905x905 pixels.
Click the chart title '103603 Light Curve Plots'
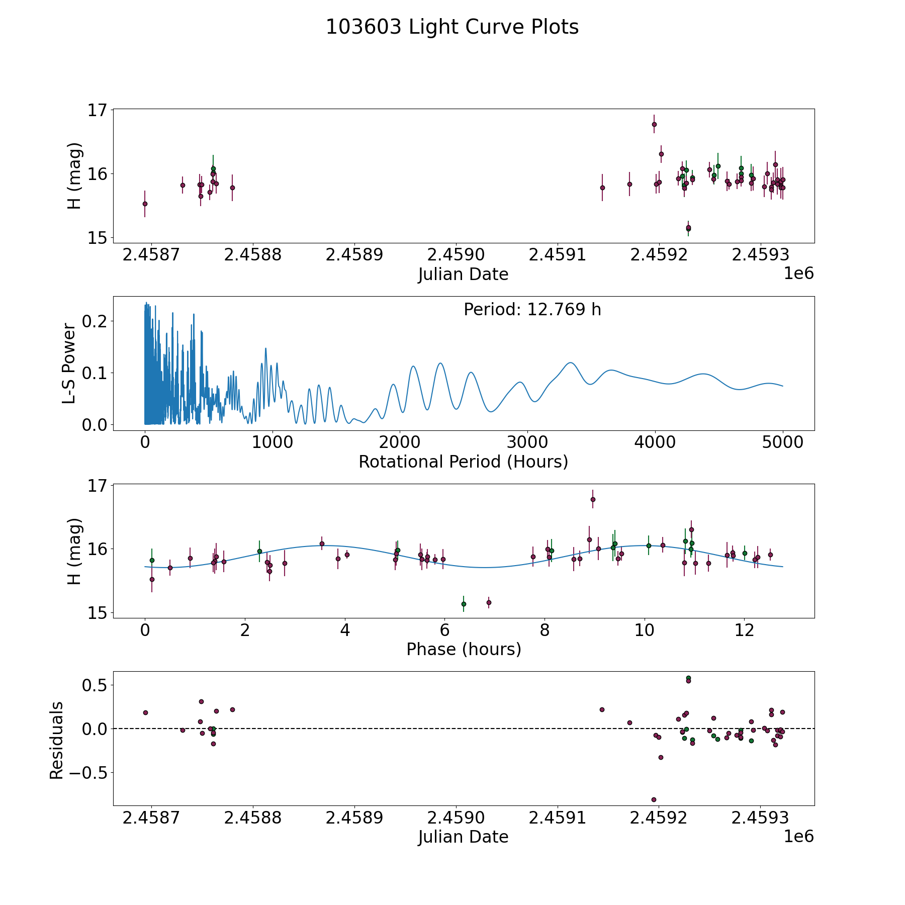pos(452,27)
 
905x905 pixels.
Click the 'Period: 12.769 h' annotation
pos(532,310)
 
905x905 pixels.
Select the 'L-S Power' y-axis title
pos(69,364)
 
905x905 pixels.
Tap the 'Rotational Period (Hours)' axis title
pos(463,462)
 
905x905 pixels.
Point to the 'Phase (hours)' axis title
pos(463,649)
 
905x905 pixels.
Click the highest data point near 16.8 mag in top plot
pos(654,124)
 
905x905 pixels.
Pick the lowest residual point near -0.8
pos(654,799)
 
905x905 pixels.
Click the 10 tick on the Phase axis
pos(644,630)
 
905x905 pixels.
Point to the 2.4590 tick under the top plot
pos(456,255)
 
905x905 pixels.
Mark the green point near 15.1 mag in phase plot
pos(464,604)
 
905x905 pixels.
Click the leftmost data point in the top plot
pos(145,204)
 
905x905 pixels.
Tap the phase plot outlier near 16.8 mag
pos(593,499)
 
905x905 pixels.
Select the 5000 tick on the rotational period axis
pos(782,442)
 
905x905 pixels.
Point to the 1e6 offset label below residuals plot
pos(798,836)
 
